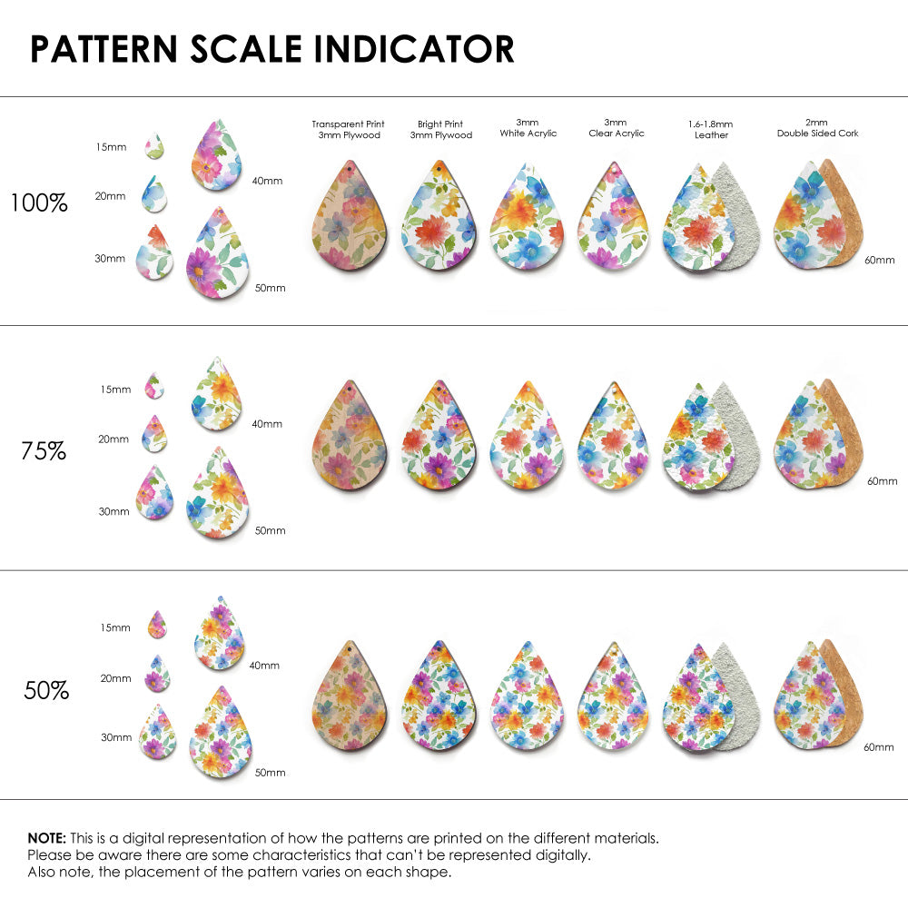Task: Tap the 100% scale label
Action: pos(39,203)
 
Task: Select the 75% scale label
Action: pos(44,450)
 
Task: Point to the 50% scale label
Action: pos(46,691)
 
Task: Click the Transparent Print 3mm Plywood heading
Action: pos(348,130)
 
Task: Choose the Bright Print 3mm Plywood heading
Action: pos(441,130)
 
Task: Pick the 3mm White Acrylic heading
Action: pos(528,128)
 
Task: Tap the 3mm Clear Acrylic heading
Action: pos(616,128)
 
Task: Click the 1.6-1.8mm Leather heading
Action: pos(710,129)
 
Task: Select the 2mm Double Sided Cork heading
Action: pos(817,128)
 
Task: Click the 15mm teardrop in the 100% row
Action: pos(153,147)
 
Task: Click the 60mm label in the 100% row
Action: pos(879,261)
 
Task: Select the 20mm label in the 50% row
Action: pos(116,678)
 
